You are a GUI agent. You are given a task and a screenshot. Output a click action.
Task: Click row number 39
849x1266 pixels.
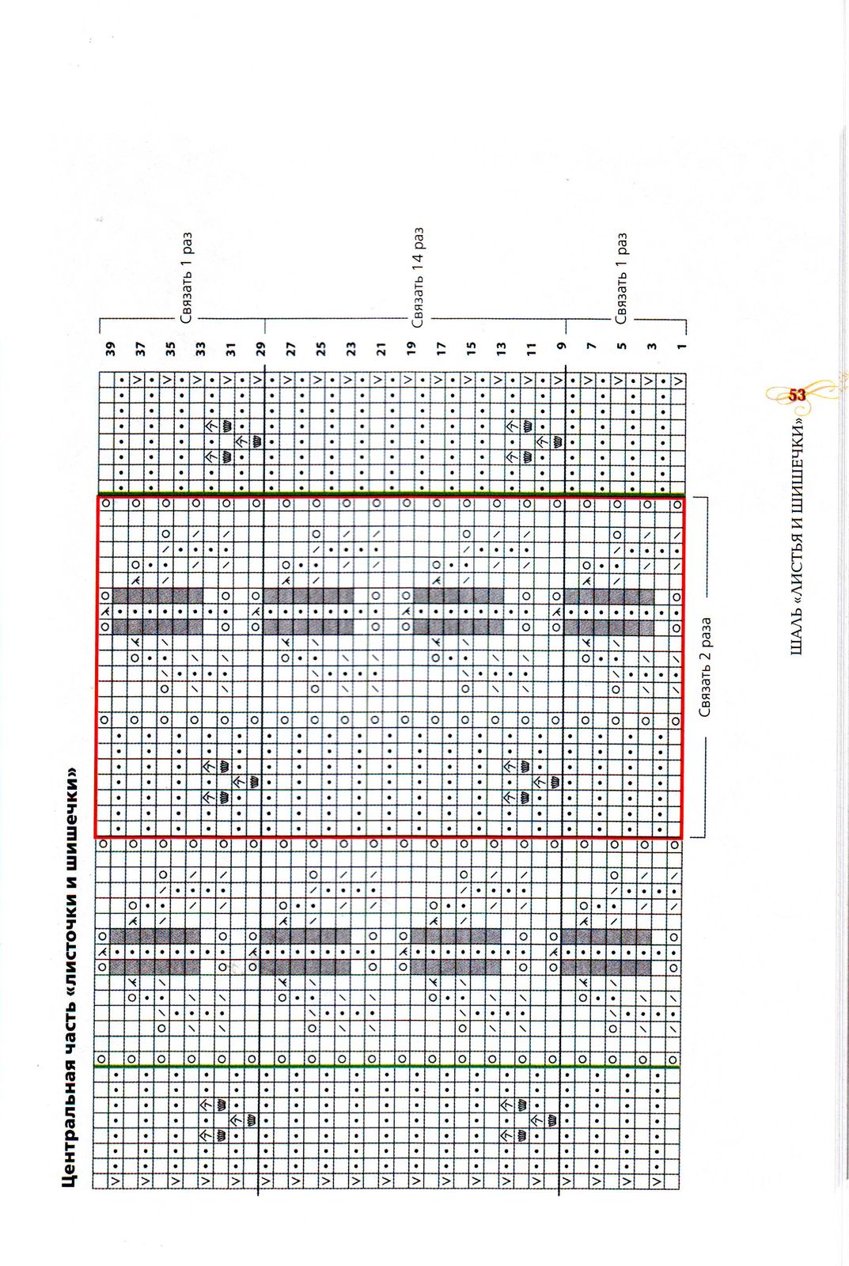coord(110,347)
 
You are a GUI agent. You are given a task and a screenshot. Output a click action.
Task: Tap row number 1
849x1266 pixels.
coord(682,345)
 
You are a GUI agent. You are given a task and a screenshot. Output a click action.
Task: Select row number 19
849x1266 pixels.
coord(411,347)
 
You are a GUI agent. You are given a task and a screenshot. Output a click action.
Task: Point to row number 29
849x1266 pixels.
coord(261,347)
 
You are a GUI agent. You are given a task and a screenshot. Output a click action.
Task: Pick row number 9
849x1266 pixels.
coord(562,346)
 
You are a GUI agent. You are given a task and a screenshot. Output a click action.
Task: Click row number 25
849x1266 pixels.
coord(321,347)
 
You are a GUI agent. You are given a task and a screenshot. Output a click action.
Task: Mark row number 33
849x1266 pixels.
coord(201,347)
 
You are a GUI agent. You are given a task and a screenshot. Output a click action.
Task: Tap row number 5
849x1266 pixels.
coord(622,346)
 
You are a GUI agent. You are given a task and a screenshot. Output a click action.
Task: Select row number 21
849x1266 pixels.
coord(381,347)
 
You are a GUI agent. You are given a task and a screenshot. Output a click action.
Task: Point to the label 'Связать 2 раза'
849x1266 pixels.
coord(705,668)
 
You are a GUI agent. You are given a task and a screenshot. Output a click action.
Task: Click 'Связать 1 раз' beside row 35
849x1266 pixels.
coord(187,278)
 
